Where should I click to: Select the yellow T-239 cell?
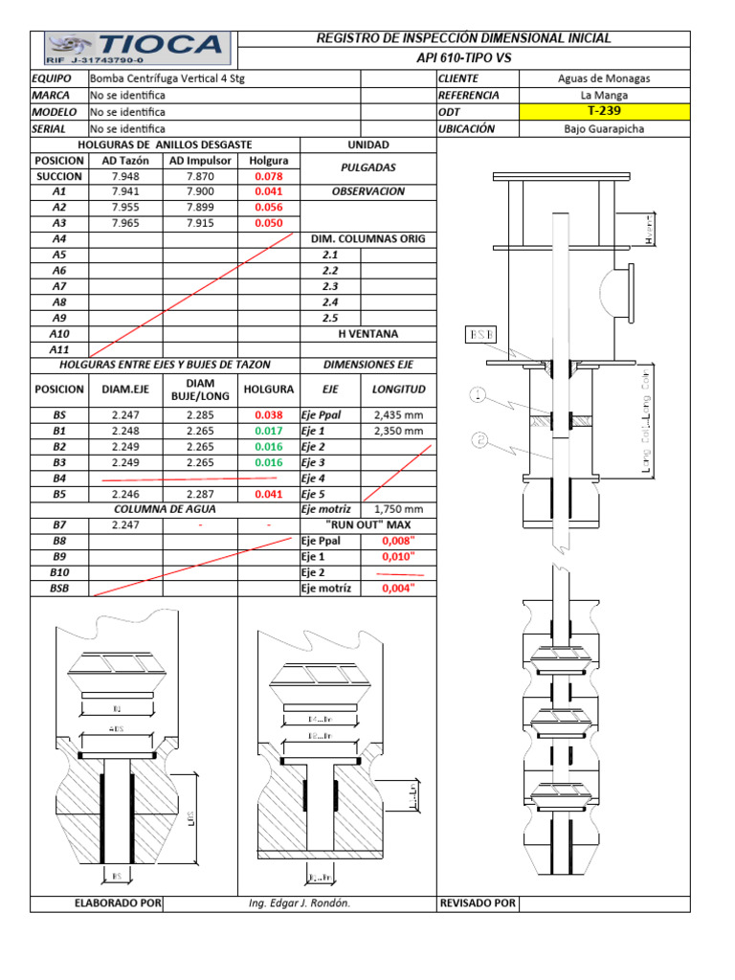603,111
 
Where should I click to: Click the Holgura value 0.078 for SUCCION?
269,176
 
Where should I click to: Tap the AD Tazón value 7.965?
124,223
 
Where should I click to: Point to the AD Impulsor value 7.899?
200,207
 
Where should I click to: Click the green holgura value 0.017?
269,431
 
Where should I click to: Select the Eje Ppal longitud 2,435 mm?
398,415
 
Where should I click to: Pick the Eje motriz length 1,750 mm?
398,509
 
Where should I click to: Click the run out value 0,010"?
397,556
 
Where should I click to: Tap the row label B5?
59,494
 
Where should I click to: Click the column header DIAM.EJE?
124,390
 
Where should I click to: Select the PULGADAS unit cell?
368,167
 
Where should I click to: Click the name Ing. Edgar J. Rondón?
299,903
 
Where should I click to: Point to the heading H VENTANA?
368,334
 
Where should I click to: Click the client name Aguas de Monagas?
603,78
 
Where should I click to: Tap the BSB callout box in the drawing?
478,334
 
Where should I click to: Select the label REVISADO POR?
477,903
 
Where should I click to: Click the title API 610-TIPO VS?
463,57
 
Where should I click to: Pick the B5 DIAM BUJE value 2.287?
200,494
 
